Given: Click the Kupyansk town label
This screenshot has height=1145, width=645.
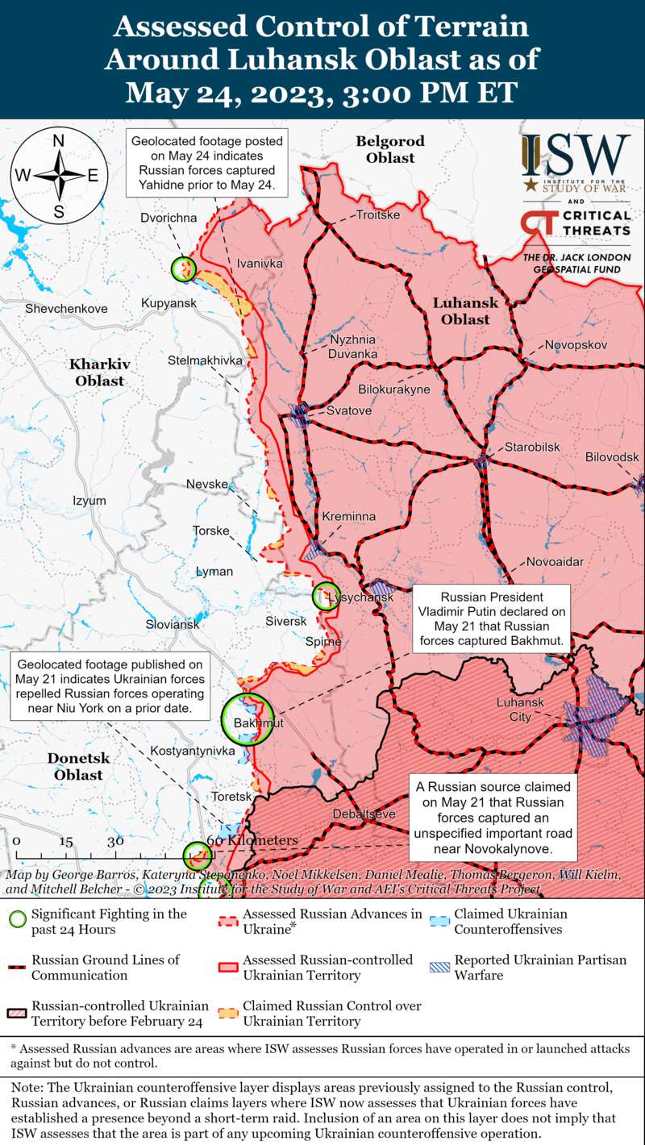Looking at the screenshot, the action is coord(169,302).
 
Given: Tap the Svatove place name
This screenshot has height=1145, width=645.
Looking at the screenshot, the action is coord(349,411).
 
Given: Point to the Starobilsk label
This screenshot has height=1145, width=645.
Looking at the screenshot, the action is coord(532,448).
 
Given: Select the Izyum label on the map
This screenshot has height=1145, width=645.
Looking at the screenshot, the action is coord(89,501).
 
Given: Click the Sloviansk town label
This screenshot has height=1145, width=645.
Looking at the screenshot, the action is coord(173,625).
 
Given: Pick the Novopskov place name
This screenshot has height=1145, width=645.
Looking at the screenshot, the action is coord(576,345).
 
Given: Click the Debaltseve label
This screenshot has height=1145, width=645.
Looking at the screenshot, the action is coord(364,814).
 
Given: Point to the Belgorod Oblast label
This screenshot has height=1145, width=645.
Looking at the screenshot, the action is coord(390,149).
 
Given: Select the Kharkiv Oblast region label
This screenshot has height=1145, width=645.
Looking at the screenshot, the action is coord(99,372).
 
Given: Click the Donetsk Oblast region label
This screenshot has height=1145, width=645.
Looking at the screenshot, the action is coord(78,767).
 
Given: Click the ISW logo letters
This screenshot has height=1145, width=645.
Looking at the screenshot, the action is coord(576,156).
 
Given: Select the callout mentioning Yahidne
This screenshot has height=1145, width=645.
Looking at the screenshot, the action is coord(208,163).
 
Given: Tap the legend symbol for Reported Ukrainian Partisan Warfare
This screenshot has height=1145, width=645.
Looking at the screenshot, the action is coord(439,967).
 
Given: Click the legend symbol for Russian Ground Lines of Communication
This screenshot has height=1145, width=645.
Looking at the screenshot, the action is coord(17,967).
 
